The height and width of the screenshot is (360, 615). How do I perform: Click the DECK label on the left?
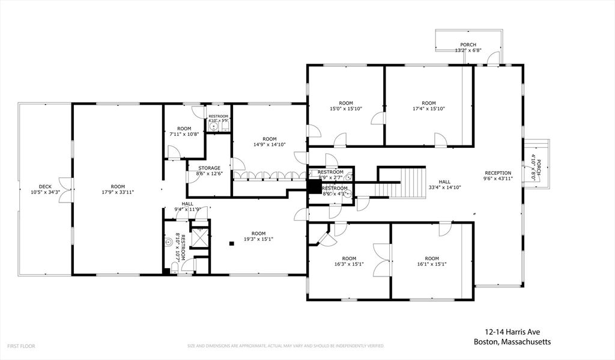pos(45,186)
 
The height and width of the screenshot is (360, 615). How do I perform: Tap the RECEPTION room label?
pos(498,173)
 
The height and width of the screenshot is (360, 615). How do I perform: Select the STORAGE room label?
pos(210,168)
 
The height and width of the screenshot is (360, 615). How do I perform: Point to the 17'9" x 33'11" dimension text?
pos(117,192)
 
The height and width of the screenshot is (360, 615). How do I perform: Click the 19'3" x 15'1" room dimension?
pos(258,239)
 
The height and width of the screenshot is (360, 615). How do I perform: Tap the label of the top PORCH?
pos(468,45)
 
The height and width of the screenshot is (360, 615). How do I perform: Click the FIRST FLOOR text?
pos(21,346)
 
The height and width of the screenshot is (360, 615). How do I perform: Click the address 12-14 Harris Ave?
pos(510,331)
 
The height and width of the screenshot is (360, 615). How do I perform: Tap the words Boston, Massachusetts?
pos(511,341)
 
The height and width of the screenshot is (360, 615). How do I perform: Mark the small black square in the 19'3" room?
pos(232,243)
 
